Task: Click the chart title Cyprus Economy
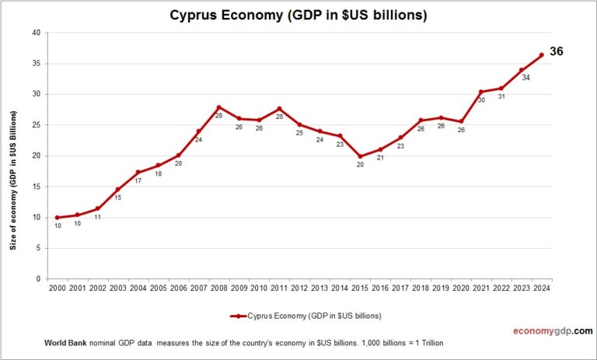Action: (298, 15)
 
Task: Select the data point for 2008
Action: (219, 107)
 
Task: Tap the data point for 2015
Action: (361, 156)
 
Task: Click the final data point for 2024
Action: (542, 55)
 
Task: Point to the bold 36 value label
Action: (557, 51)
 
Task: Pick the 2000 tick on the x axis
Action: (57, 287)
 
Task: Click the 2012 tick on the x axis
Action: (300, 287)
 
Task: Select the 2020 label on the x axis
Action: (462, 287)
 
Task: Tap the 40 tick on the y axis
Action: (36, 33)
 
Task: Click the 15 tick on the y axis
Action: (36, 187)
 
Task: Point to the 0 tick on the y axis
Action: (38, 278)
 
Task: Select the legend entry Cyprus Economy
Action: (305, 316)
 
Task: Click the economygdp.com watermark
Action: (553, 331)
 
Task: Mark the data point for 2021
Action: (481, 92)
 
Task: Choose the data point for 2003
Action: (117, 189)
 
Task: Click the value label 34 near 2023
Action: (526, 78)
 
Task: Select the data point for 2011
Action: (280, 109)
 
